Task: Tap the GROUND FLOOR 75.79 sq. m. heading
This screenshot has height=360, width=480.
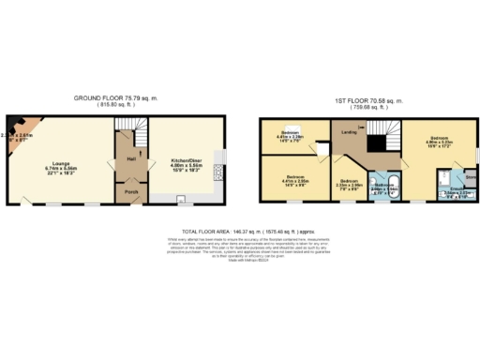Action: (x=115, y=98)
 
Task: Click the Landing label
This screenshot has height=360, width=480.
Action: (x=349, y=132)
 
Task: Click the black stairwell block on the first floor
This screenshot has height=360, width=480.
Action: (x=378, y=142)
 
